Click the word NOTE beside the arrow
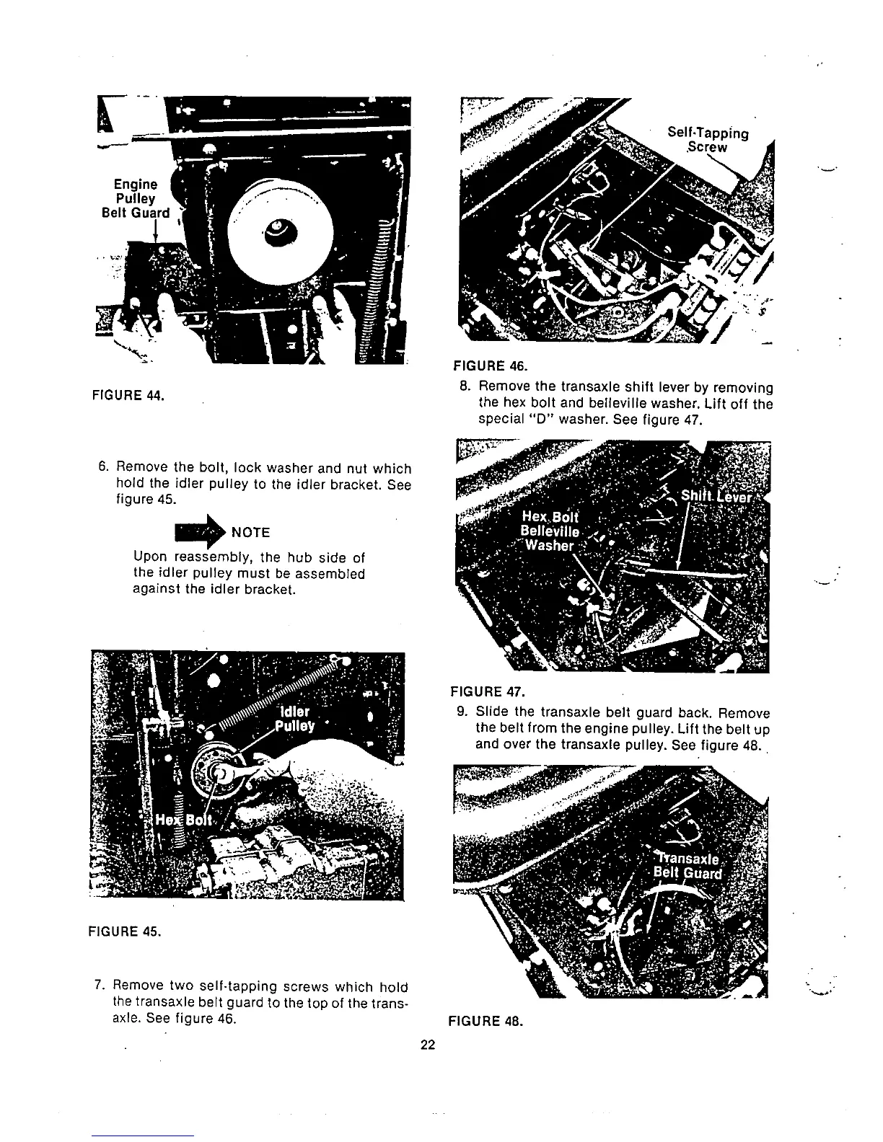pos(250,533)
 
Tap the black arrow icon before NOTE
pos(200,531)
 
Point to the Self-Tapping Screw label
pos(708,141)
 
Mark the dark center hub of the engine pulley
pos(277,230)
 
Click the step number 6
pos(103,469)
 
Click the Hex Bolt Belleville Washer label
pos(551,531)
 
